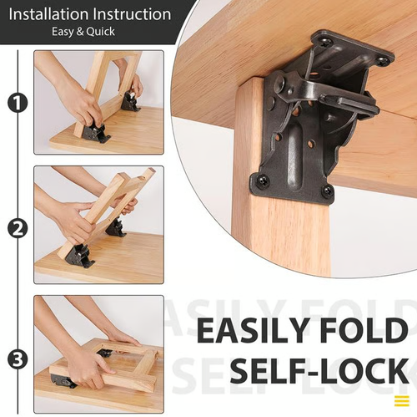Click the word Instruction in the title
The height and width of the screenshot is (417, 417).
(131, 14)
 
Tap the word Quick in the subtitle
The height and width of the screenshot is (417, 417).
(98, 33)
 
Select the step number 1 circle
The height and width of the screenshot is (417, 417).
(15, 104)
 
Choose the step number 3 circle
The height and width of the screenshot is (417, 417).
(15, 360)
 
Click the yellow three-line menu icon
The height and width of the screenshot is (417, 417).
(401, 399)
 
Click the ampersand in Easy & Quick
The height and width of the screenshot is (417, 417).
(81, 33)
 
